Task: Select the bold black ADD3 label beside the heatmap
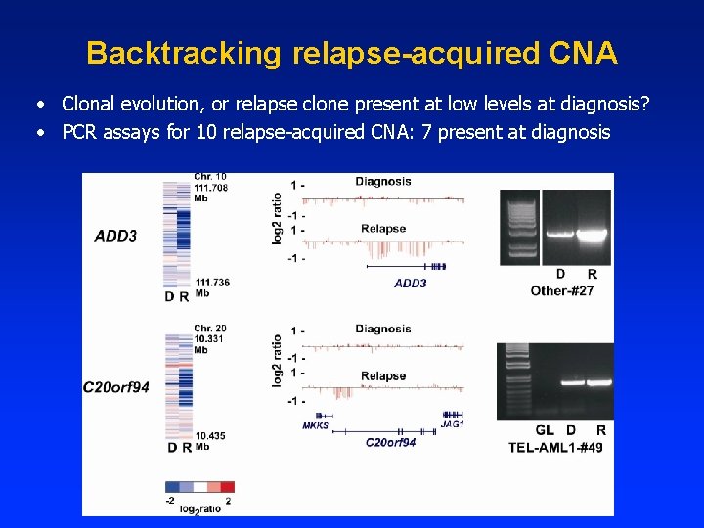coord(116,236)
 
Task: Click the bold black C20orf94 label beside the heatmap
coord(116,387)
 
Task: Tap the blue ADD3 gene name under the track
coord(410,284)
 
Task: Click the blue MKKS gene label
coord(315,425)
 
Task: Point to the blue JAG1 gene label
coord(451,425)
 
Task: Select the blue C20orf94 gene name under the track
coord(390,443)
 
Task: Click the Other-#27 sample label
coord(562,290)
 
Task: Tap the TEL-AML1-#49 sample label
coord(555,447)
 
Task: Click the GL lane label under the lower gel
coord(545,430)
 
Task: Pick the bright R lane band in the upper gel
coord(592,235)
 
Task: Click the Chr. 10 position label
coord(210,177)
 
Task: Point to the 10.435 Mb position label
coord(211,435)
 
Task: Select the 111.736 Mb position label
coord(212,282)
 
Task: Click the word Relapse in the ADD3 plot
coord(383,229)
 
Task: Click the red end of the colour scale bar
coord(227,486)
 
